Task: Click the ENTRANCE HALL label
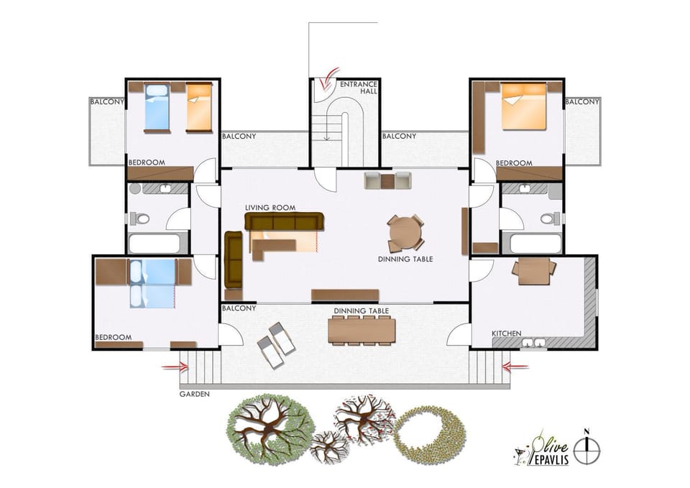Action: pyautogui.click(x=358, y=88)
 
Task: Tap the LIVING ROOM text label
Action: pyautogui.click(x=270, y=208)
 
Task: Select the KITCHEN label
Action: pyautogui.click(x=506, y=333)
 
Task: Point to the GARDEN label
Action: pyautogui.click(x=194, y=394)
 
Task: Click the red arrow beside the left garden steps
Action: pyautogui.click(x=175, y=367)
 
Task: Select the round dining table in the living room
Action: pyautogui.click(x=405, y=232)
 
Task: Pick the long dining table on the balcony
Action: pyautogui.click(x=361, y=330)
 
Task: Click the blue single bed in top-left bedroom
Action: pyautogui.click(x=157, y=108)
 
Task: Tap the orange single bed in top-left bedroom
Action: pyautogui.click(x=199, y=108)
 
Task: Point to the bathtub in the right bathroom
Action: pyautogui.click(x=531, y=244)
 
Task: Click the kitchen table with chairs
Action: pyautogui.click(x=533, y=270)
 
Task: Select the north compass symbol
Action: pyautogui.click(x=586, y=447)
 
